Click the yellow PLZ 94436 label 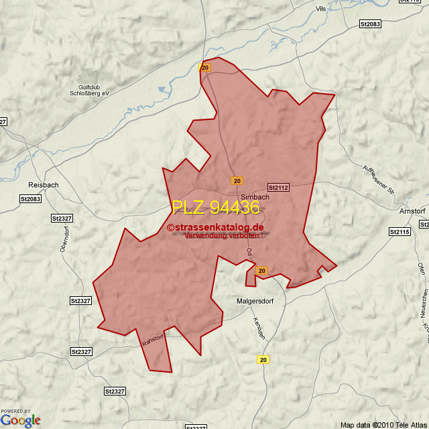click(215, 208)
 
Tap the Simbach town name click(255, 197)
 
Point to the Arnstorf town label click(413, 212)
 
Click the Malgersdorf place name click(257, 301)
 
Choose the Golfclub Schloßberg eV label click(94, 90)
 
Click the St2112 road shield click(278, 188)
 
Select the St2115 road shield click(400, 231)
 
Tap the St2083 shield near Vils click(370, 24)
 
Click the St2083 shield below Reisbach click(31, 199)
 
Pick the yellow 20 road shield click(263, 360)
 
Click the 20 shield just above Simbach click(237, 181)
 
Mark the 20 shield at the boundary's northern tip click(205, 68)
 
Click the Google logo click(21, 420)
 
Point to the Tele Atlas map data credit click(383, 424)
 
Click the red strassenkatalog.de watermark click(216, 227)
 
